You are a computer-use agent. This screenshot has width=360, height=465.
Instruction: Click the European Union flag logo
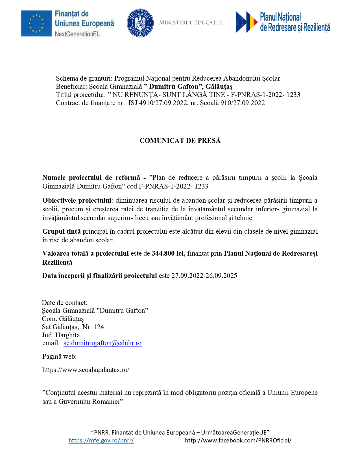tap(36, 23)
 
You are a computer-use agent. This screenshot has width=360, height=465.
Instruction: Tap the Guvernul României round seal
tap(140, 23)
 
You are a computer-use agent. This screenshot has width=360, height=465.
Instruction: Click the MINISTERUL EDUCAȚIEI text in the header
tap(191, 23)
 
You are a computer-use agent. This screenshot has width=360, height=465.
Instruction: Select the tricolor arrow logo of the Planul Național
tap(247, 22)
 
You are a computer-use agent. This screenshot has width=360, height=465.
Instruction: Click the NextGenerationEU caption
tap(78, 34)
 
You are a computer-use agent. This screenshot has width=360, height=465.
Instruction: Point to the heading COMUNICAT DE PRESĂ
tap(180, 141)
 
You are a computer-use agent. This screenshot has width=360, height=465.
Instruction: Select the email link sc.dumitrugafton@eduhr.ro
tap(102, 343)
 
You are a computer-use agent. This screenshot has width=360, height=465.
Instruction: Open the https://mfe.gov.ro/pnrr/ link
tap(101, 440)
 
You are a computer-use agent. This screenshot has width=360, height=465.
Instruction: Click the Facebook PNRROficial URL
tap(238, 440)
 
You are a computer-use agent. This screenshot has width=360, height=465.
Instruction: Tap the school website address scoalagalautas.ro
tap(86, 370)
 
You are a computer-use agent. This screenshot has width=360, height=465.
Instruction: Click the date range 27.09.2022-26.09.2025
tap(204, 276)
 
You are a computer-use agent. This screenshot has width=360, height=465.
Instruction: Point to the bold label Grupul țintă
tap(62, 231)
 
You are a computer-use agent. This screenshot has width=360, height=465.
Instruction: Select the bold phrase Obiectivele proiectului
tap(77, 200)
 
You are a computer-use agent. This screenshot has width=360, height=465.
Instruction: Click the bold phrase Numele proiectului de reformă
tap(91, 178)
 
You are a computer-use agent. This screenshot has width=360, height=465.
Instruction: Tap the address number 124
tap(99, 327)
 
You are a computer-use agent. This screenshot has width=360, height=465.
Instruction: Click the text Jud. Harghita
tap(61, 335)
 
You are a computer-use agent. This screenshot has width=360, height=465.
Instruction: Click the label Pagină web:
tap(59, 356)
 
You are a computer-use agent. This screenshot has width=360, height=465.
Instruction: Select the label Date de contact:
tap(64, 303)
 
